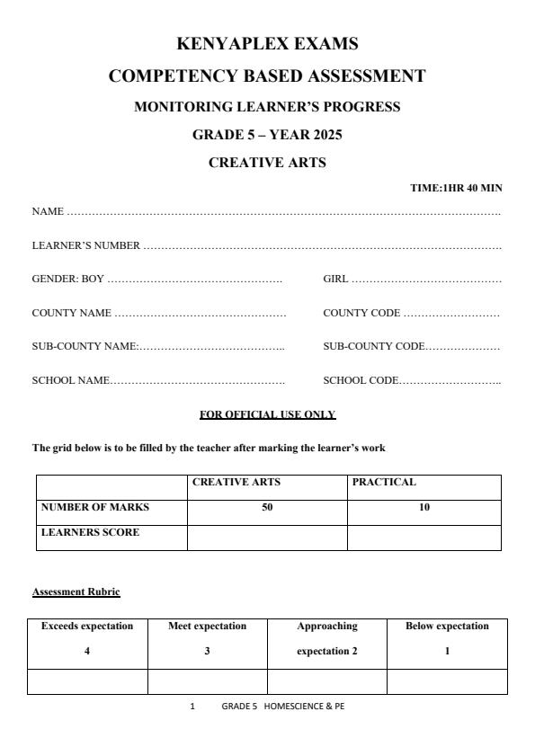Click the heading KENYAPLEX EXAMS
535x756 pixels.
pyautogui.click(x=267, y=44)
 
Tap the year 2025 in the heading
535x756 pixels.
pyautogui.click(x=324, y=135)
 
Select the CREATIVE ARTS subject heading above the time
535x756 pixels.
pyautogui.click(x=267, y=163)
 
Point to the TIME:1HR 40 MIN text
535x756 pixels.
pyautogui.click(x=456, y=188)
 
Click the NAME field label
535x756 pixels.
pyautogui.click(x=48, y=211)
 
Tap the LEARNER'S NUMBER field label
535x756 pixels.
pyautogui.click(x=86, y=245)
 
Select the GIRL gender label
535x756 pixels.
pyautogui.click(x=335, y=279)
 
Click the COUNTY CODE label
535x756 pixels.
pyautogui.click(x=361, y=313)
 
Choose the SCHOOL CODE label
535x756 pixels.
pyautogui.click(x=360, y=380)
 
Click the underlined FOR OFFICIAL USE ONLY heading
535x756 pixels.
pyautogui.click(x=267, y=414)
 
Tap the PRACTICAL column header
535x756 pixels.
pyautogui.click(x=384, y=483)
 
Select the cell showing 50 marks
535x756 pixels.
pyautogui.click(x=267, y=508)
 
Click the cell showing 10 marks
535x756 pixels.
pyautogui.click(x=424, y=508)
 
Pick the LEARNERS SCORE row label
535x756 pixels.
pyautogui.click(x=91, y=532)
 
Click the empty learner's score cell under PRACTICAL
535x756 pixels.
pyautogui.click(x=424, y=538)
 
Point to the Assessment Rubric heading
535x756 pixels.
pyautogui.click(x=76, y=591)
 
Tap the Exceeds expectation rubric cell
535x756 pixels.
pyautogui.click(x=87, y=638)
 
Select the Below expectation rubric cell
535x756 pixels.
pyautogui.click(x=447, y=638)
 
